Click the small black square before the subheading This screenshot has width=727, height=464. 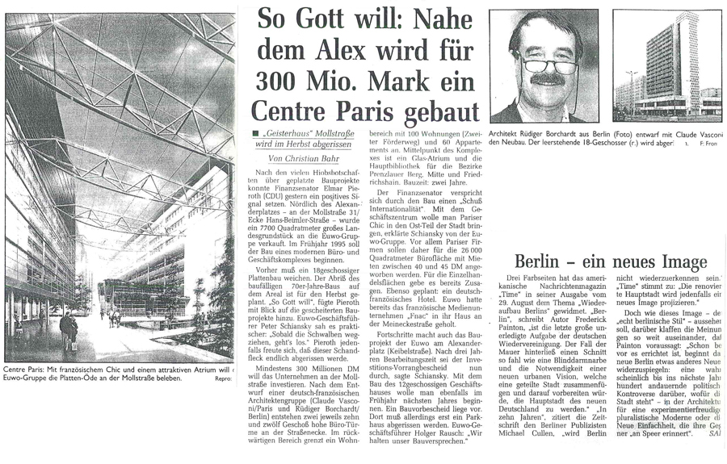pyautogui.click(x=256, y=133)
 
